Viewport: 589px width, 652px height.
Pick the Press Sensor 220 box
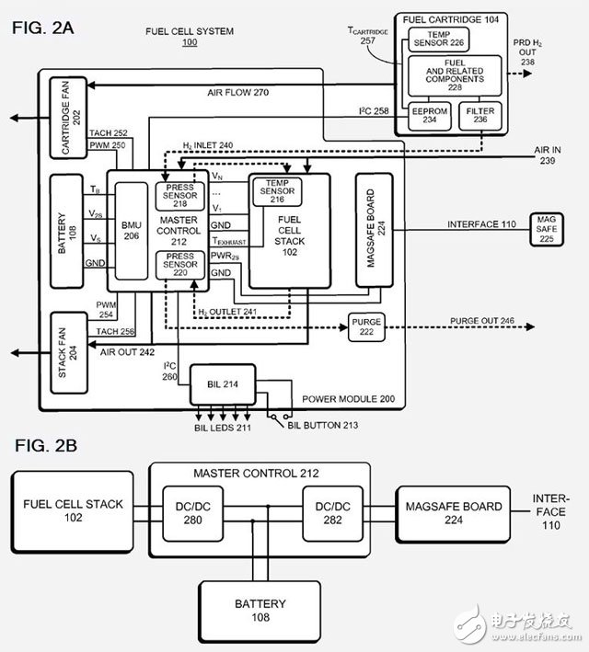click(x=180, y=265)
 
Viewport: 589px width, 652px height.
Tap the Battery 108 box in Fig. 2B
click(x=259, y=611)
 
